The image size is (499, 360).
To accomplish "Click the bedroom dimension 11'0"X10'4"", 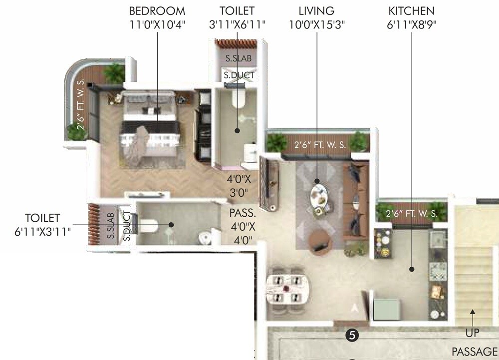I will (157, 24).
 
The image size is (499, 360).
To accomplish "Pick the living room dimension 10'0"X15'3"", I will (316, 24).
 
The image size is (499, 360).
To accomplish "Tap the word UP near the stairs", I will (472, 333).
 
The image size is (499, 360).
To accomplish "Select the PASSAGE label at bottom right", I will (475, 351).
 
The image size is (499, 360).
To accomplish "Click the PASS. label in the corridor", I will (243, 213).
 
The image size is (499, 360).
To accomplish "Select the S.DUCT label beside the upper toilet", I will (239, 75).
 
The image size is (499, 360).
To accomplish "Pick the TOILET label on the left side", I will (42, 218).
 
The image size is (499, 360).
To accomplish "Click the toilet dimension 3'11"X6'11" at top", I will (237, 24).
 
